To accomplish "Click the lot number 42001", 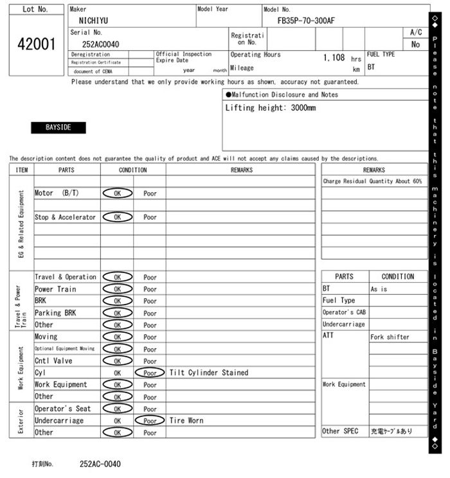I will (35, 44).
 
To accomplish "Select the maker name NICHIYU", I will (93, 21).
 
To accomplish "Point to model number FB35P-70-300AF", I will (306, 21).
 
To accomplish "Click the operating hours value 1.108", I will (334, 58).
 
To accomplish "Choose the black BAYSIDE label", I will (59, 128).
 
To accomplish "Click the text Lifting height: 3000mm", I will (270, 108).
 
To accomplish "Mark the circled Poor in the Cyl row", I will (150, 373).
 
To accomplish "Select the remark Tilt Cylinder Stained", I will (208, 373).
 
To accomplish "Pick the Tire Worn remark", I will (186, 421).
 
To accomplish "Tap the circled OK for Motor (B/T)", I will (117, 193).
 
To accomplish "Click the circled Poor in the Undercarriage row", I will (150, 421).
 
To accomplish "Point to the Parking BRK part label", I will (55, 313).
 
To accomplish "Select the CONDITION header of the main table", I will (133, 170).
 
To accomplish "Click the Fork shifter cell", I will (390, 337).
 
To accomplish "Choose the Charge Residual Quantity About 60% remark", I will (372, 182).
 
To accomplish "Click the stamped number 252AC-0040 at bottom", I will (100, 464).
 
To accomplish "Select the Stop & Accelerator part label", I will (65, 217).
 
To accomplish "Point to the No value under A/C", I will (415, 44).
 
